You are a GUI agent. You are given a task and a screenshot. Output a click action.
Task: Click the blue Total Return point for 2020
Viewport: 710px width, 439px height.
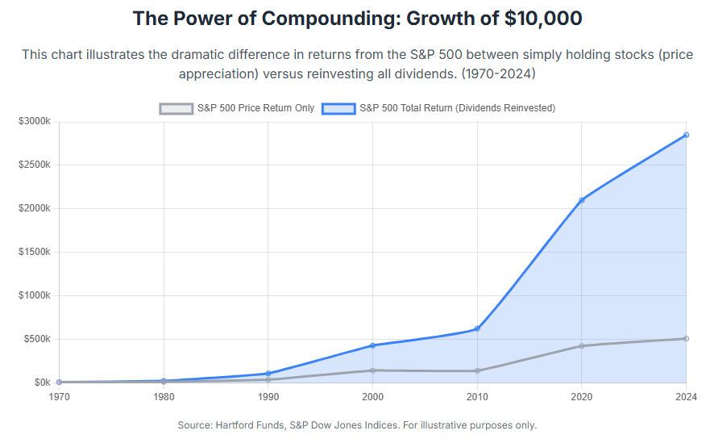click(582, 200)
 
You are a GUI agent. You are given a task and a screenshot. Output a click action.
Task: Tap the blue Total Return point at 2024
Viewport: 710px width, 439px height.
click(686, 135)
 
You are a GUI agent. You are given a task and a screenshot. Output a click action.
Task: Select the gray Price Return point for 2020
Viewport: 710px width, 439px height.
click(582, 346)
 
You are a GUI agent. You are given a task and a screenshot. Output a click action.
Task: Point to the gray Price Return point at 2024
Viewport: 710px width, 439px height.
click(686, 338)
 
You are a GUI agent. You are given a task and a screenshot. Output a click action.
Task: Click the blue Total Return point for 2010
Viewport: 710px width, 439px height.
click(477, 329)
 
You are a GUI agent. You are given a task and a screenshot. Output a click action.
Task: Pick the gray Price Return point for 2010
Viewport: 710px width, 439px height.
click(477, 371)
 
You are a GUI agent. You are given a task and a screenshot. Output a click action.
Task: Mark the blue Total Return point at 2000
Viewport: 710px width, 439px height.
click(372, 345)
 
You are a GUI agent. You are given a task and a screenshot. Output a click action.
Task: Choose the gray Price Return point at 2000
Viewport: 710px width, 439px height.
click(372, 370)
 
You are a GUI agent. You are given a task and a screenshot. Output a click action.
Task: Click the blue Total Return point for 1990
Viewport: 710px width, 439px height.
click(268, 374)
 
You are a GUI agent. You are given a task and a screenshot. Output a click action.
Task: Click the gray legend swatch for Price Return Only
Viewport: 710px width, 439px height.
click(176, 108)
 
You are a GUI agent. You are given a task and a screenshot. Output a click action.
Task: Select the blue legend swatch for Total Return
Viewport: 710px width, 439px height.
click(338, 108)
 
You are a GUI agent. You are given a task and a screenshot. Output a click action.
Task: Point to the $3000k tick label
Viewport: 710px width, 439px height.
click(35, 122)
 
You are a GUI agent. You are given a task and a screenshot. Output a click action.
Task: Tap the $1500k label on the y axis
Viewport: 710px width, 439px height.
click(35, 252)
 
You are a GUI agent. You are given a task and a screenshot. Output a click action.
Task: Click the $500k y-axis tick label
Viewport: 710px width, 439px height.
click(38, 339)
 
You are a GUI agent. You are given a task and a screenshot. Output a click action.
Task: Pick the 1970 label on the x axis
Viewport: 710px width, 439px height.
click(59, 396)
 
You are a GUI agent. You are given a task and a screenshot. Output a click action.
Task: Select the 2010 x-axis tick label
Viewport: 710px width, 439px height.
click(477, 396)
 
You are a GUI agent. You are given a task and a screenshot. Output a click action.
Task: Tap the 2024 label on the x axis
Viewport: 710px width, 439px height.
click(685, 396)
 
